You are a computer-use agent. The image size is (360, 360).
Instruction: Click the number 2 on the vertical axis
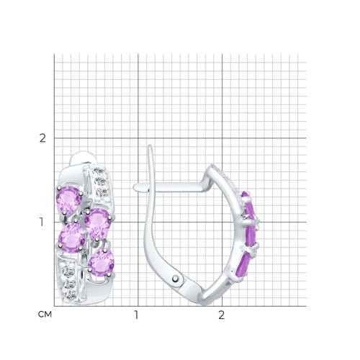coord(42,138)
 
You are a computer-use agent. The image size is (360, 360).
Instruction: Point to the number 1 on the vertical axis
coord(42,222)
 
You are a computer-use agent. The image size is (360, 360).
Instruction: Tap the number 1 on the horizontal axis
coord(136,315)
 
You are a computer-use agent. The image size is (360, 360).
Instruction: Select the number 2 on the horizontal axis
coord(221,315)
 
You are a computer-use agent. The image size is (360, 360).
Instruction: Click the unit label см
coord(45,314)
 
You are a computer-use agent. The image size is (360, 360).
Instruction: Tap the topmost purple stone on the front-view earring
coord(68,199)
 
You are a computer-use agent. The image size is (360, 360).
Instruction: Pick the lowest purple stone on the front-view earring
coord(102,264)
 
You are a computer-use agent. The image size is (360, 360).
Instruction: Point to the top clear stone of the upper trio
coord(98,172)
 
